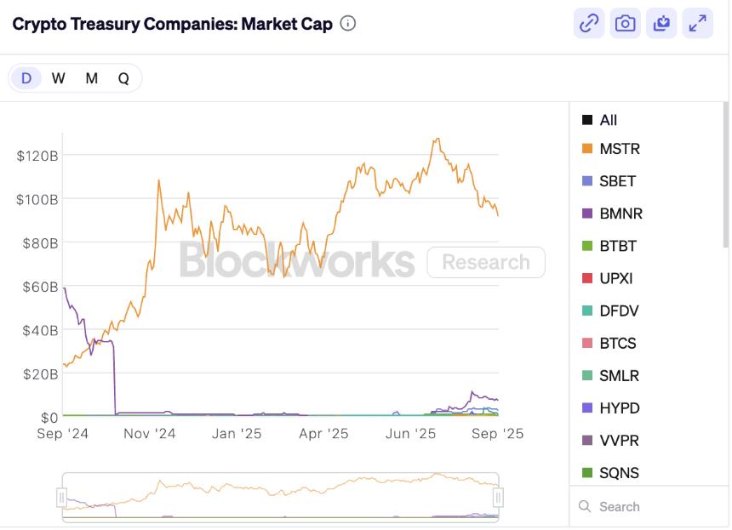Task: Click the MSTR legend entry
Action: click(619, 149)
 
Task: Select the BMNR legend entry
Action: click(620, 214)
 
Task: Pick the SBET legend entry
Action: click(617, 181)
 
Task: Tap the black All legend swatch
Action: click(587, 120)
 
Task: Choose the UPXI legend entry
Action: click(616, 278)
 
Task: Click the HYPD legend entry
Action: click(619, 408)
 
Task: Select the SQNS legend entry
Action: click(619, 473)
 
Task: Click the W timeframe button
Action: click(58, 78)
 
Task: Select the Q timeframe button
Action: click(123, 78)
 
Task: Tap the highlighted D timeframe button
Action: click(26, 78)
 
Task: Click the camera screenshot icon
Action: click(626, 24)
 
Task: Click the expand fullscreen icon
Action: click(698, 24)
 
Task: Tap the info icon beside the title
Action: click(347, 23)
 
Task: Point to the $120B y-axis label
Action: click(37, 156)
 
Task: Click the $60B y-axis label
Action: click(40, 287)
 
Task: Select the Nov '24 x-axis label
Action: click(149, 433)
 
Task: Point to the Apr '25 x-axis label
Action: click(323, 433)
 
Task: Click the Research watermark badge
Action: click(485, 262)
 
